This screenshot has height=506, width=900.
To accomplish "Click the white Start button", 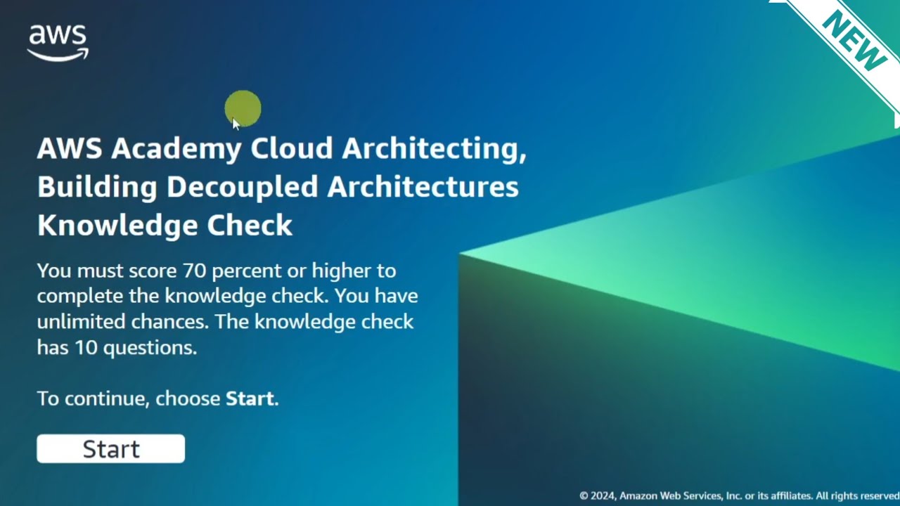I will pyautogui.click(x=111, y=449).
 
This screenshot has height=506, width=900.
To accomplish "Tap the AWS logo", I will pyautogui.click(x=58, y=43).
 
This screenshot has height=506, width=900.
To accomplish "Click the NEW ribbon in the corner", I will pyautogui.click(x=854, y=41).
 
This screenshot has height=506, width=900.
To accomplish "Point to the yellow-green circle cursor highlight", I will pyautogui.click(x=243, y=109).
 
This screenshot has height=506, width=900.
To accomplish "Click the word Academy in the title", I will pyautogui.click(x=176, y=149).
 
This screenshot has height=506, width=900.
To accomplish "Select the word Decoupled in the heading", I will pyautogui.click(x=242, y=187).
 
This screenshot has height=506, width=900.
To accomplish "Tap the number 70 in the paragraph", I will pyautogui.click(x=194, y=271).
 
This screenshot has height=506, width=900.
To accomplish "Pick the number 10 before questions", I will pyautogui.click(x=85, y=347).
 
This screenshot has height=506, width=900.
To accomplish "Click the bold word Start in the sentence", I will pyautogui.click(x=250, y=398).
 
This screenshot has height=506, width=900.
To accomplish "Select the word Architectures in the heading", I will pyautogui.click(x=423, y=187).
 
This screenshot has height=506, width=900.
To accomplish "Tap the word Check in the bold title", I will pyautogui.click(x=250, y=226).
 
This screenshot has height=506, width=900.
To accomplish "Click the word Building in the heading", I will pyautogui.click(x=97, y=187).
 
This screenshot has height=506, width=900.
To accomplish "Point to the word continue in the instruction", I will pyautogui.click(x=107, y=398).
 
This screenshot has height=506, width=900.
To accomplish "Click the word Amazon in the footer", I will pyautogui.click(x=641, y=496).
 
